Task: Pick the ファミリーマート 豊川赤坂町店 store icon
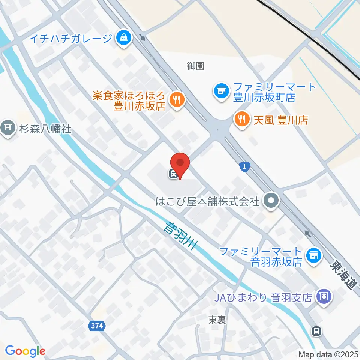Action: coord(221,90)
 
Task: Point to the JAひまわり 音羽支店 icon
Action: coord(324,297)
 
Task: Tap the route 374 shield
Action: coord(97,326)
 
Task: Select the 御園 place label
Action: coord(195,66)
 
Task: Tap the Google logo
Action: coord(25,351)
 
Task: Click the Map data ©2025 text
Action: coord(329,354)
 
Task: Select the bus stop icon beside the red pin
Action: coord(173,174)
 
